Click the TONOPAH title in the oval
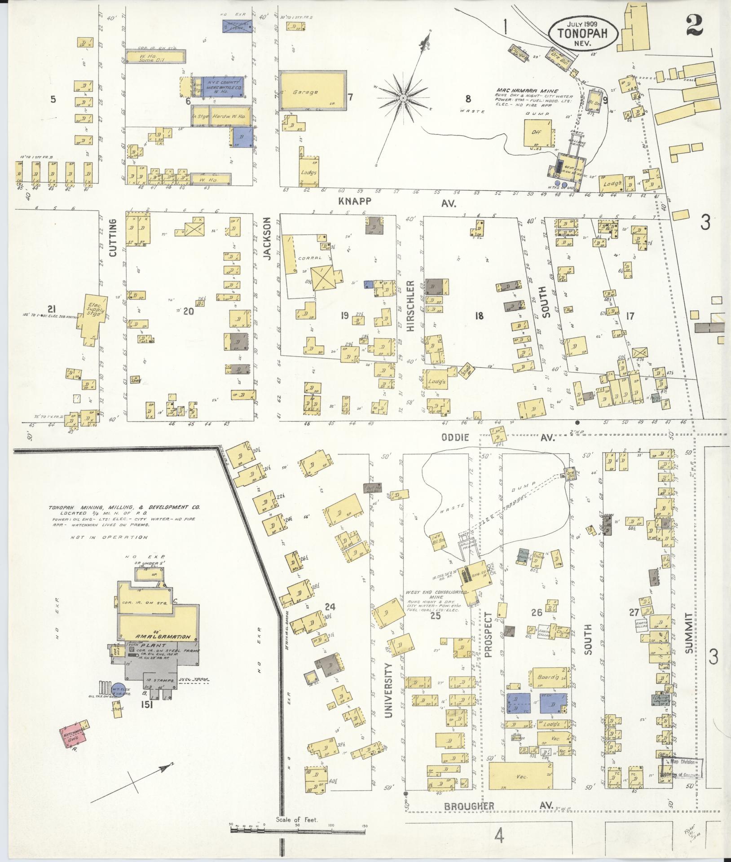583,32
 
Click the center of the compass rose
403,97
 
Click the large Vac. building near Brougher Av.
521,776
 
